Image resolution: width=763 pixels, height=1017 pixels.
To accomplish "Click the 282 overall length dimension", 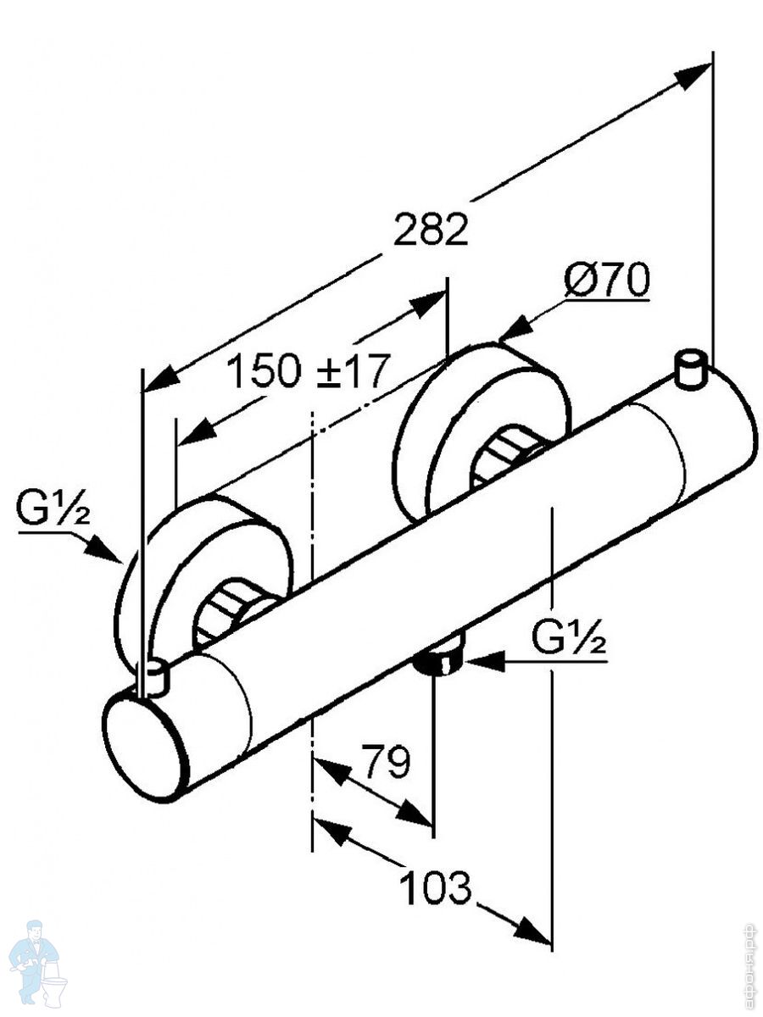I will coord(430,230).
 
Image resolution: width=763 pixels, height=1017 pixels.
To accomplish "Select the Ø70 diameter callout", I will coord(607,281).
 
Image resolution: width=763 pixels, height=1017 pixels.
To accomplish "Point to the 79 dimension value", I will coord(386,762).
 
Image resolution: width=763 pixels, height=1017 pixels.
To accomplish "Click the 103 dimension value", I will coord(434,887).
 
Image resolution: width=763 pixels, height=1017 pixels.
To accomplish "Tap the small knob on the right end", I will coord(693,369).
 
